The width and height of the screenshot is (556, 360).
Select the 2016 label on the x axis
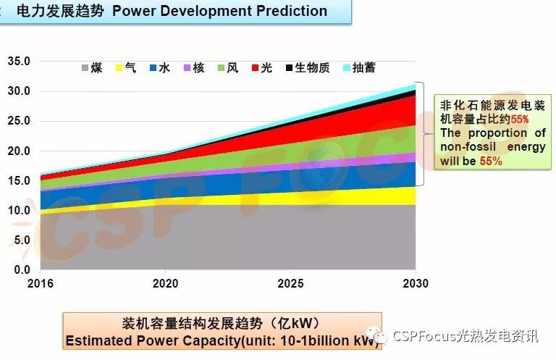point(42,283)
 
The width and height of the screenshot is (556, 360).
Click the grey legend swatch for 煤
point(86,68)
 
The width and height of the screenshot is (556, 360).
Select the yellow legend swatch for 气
point(119,68)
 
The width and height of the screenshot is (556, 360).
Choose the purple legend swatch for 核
point(188,68)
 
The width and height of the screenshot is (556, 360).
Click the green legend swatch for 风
point(222,68)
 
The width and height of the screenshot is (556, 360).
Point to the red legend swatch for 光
point(256,68)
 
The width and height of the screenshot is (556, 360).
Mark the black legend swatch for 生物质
point(290,68)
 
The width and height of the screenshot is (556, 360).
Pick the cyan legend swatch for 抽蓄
point(347,68)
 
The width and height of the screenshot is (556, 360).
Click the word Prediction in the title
point(287,11)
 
